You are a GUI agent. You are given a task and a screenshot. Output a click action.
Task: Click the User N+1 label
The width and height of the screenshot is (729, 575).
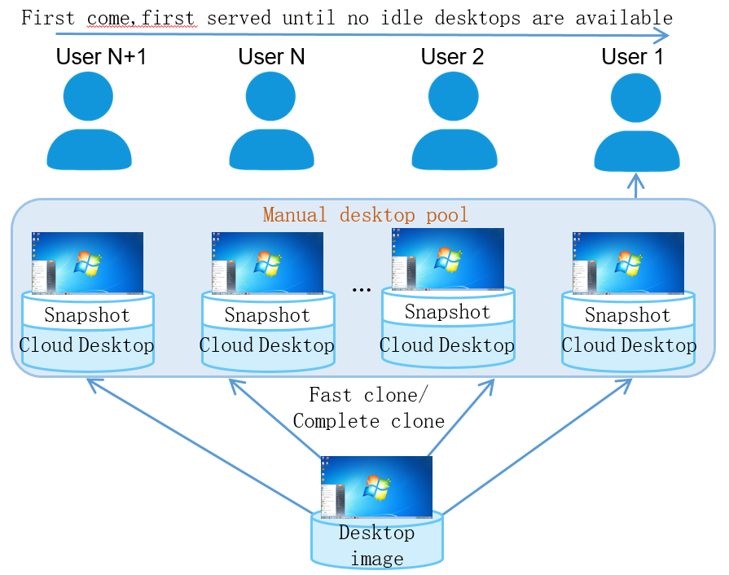[101, 57]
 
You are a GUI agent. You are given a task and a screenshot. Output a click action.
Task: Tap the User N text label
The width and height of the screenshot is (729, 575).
[271, 57]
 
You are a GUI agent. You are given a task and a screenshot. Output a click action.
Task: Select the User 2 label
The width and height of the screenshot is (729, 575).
[452, 57]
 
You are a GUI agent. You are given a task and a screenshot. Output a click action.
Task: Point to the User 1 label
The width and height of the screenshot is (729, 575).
[632, 57]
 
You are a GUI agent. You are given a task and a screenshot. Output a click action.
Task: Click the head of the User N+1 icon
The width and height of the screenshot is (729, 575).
[88, 96]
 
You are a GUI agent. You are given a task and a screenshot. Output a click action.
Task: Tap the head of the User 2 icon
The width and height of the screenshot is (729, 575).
[454, 96]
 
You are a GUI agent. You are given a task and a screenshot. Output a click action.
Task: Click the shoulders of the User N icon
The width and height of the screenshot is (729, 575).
[271, 150]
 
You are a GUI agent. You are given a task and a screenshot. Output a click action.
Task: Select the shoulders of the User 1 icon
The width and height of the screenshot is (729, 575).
[636, 151]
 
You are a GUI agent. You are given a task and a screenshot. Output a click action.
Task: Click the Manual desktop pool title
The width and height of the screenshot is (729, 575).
[366, 215]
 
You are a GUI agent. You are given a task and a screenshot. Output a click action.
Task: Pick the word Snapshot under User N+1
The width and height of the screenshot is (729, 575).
[87, 314]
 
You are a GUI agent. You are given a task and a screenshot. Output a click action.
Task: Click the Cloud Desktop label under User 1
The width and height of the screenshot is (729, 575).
[629, 345]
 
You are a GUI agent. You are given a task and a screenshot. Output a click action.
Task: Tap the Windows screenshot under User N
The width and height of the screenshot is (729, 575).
[267, 263]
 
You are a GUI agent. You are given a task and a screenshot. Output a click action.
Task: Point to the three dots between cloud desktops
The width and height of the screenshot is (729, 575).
[362, 290]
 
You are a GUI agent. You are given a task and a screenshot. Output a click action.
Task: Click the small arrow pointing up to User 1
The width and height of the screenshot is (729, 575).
[635, 186]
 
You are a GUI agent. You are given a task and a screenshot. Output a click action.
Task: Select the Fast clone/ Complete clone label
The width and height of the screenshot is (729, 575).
[369, 408]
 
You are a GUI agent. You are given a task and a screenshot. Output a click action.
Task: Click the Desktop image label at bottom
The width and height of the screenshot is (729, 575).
[376, 545]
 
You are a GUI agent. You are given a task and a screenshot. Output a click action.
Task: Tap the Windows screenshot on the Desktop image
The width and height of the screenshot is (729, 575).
[376, 487]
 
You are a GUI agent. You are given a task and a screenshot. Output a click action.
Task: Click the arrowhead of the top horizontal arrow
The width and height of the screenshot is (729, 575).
[661, 35]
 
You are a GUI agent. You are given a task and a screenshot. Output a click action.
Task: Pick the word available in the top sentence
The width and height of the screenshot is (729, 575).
[624, 18]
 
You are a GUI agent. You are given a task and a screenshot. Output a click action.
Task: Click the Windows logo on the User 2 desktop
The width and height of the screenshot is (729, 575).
[448, 258]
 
